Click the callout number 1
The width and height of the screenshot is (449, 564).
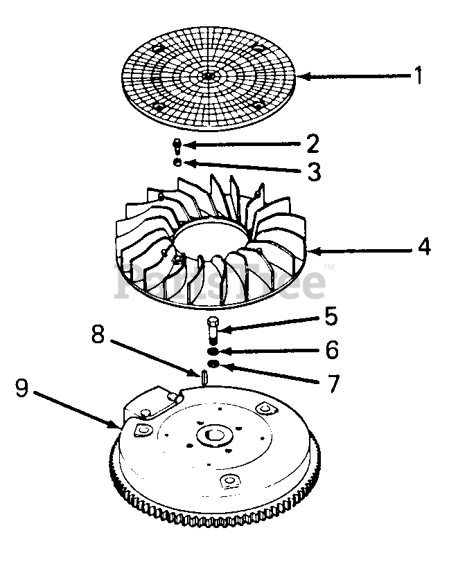(417, 75)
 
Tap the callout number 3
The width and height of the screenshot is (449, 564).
(314, 171)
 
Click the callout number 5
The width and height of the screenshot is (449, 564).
(331, 317)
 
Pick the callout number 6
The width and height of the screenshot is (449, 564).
(332, 349)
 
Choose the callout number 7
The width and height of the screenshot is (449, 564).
(333, 382)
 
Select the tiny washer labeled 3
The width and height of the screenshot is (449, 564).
(178, 163)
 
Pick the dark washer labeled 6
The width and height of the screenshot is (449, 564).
(213, 351)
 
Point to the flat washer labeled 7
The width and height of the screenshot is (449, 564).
(213, 364)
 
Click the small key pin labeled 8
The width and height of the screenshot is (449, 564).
(206, 377)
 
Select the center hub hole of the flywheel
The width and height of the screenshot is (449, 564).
(215, 436)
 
